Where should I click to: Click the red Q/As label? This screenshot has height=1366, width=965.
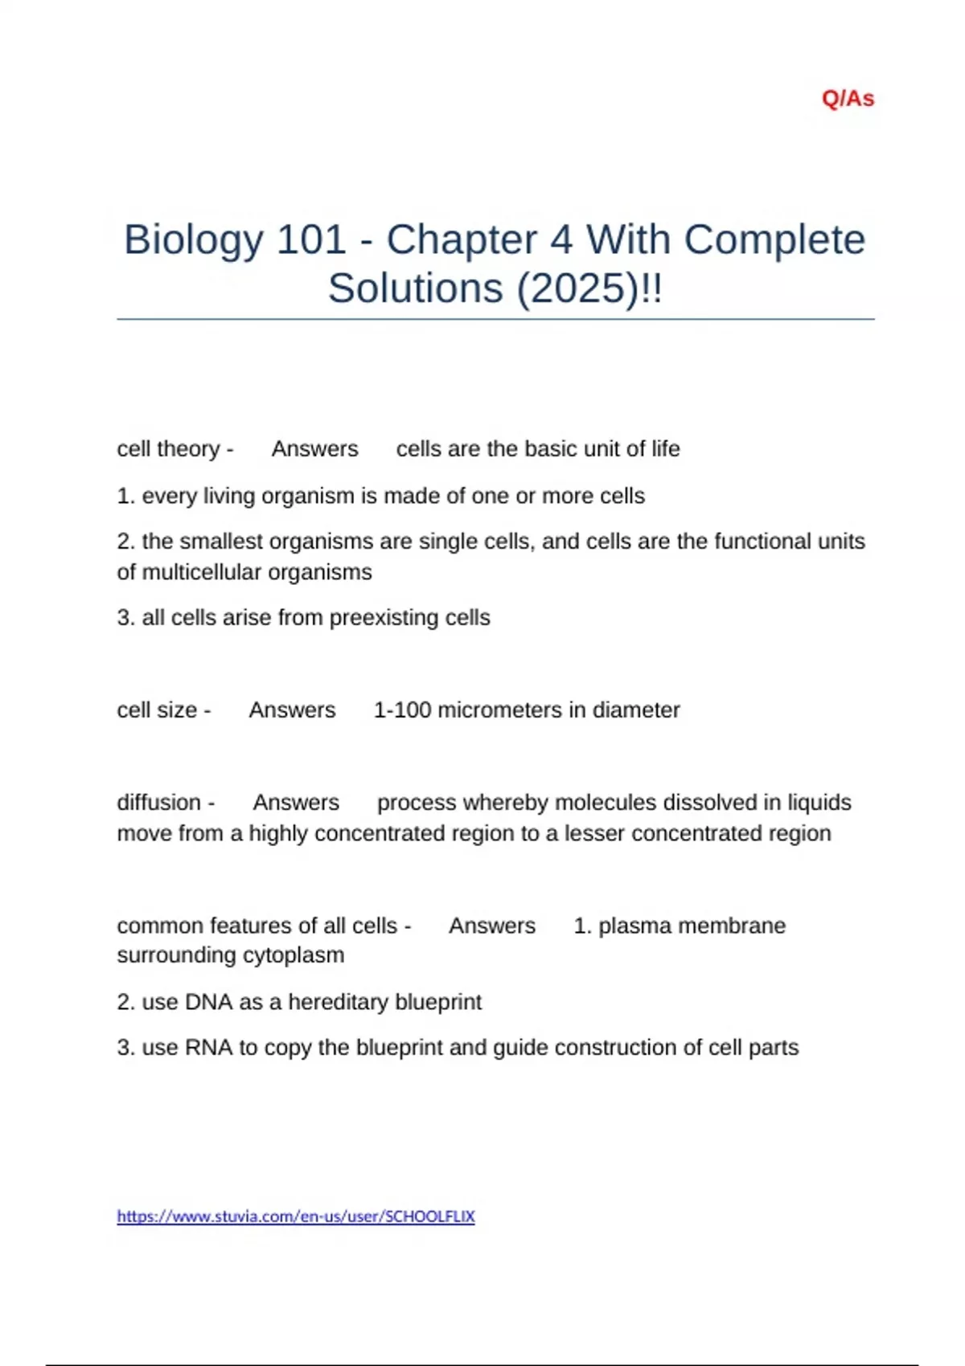tap(848, 99)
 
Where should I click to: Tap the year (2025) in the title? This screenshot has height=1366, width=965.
tap(576, 288)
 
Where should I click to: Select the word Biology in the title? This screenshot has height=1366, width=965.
tap(193, 239)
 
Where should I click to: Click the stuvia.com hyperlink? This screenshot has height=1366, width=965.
tap(296, 1217)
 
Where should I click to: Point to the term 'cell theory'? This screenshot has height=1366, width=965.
tap(168, 448)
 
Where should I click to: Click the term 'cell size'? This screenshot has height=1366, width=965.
tap(157, 710)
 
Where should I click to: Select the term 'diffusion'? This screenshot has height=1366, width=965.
tap(158, 803)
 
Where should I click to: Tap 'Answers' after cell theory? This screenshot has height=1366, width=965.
tap(314, 448)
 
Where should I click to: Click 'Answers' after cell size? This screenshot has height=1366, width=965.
tap(292, 710)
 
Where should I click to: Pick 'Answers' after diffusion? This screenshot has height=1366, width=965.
tap(296, 803)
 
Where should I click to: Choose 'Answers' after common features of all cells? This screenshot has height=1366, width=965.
tap(491, 926)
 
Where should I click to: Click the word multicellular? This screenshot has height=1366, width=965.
tap(200, 572)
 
